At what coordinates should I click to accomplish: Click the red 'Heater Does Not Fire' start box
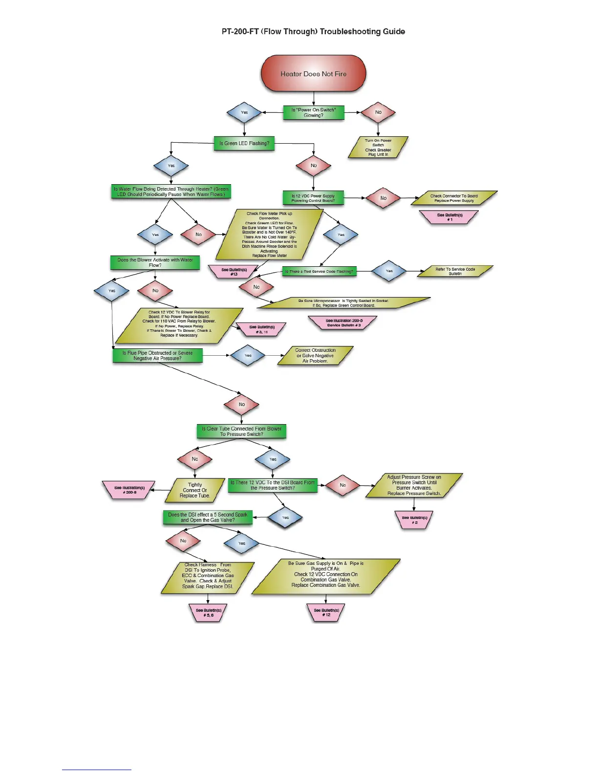[x=313, y=74]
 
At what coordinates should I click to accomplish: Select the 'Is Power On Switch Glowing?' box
[x=313, y=112]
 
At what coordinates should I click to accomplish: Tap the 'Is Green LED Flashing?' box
[x=244, y=143]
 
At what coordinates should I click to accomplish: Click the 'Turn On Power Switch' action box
[x=378, y=147]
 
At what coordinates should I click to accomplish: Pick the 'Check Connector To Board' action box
[x=454, y=198]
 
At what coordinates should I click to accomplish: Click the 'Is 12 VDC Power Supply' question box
[x=313, y=198]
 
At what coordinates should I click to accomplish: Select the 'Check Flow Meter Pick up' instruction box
[x=269, y=235]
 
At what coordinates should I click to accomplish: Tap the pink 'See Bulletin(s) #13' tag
[x=234, y=272]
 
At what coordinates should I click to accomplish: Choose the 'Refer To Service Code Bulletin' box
[x=455, y=271]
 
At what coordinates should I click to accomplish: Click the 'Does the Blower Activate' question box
[x=155, y=262]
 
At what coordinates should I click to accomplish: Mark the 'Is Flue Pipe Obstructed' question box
[x=157, y=355]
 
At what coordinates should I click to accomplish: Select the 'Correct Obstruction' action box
[x=315, y=355]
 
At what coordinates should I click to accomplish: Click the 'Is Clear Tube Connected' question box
[x=241, y=431]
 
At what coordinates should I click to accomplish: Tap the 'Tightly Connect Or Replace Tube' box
[x=194, y=490]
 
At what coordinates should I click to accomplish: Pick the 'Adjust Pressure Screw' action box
[x=414, y=485]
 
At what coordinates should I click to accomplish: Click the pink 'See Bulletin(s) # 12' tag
[x=326, y=612]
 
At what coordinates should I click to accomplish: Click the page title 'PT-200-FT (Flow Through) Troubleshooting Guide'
[x=313, y=32]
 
